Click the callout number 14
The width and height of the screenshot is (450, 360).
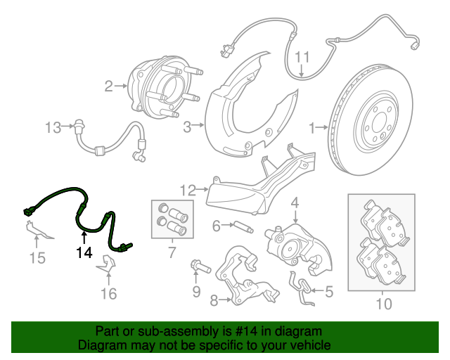[x=84, y=252]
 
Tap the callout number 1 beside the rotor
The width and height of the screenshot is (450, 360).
[x=311, y=127]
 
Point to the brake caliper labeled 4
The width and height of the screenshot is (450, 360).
[x=295, y=243]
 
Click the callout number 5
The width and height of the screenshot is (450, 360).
[x=328, y=289]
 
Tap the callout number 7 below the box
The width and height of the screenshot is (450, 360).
[x=171, y=252]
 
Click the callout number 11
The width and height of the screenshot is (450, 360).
[x=302, y=57]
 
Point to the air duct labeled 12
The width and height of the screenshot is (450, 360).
[x=239, y=193]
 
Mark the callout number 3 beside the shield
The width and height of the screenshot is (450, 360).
[x=188, y=127]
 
